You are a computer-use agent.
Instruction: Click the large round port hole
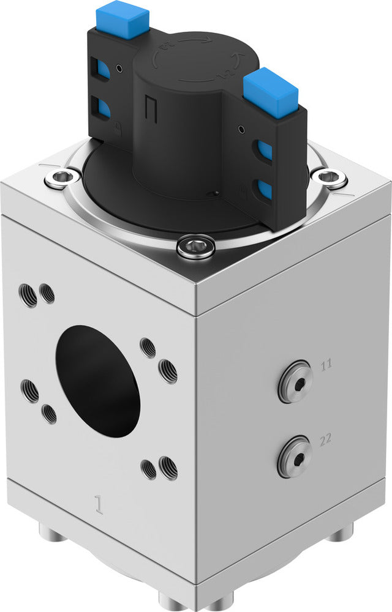click(x=98, y=380)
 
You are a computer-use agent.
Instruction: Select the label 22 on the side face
click(x=326, y=438)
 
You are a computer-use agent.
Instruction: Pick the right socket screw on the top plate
click(x=328, y=177)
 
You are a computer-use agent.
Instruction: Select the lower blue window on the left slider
click(x=102, y=108)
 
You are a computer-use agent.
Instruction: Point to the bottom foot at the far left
click(x=53, y=532)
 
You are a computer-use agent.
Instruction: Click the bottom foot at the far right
click(x=339, y=534)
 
